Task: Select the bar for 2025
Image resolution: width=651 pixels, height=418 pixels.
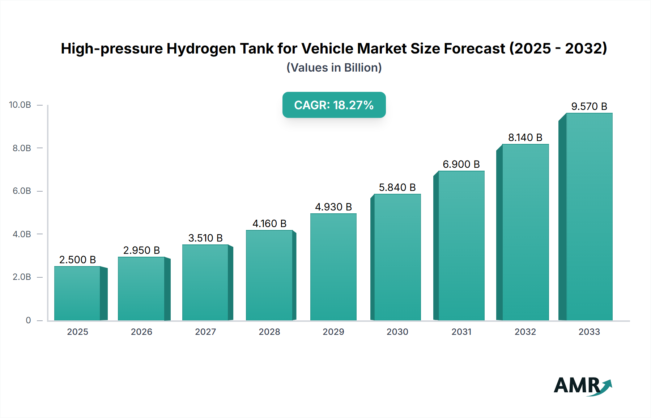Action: point(77,293)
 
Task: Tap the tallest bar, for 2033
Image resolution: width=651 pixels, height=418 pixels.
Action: point(589,217)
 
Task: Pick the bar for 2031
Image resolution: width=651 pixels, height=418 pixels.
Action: point(461,246)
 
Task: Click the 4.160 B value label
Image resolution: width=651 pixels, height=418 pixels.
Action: point(269,223)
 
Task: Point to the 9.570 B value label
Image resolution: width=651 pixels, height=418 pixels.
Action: point(589,106)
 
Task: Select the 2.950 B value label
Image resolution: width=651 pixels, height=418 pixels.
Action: point(141,250)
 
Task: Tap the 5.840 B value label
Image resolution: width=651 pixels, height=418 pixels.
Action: point(397,187)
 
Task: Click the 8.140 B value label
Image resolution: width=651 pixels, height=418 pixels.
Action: point(525,137)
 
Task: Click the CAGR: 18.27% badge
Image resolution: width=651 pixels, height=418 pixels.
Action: point(334,105)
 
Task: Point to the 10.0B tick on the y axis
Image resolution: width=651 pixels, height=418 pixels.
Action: point(20,105)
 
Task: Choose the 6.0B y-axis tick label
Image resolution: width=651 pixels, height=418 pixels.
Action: point(22,191)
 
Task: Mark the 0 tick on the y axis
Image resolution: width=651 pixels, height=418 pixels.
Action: point(28,320)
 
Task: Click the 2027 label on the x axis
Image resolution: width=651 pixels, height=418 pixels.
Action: point(205,332)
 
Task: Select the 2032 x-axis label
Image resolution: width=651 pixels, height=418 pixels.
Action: point(525,332)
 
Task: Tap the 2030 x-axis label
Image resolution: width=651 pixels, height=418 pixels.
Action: point(397,332)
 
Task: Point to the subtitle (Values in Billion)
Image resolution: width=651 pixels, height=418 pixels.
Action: point(334,68)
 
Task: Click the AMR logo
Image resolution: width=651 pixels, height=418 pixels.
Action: point(582,386)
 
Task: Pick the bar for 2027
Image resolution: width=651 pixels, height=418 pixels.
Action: point(205,282)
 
